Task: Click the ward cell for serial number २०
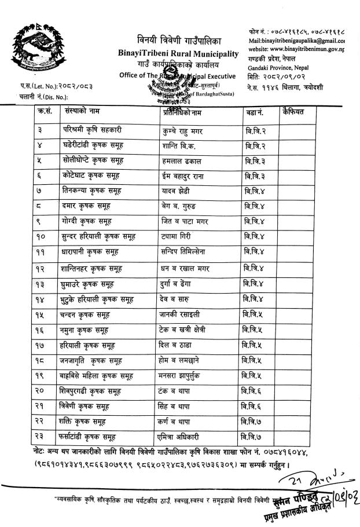tap(254, 391)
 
